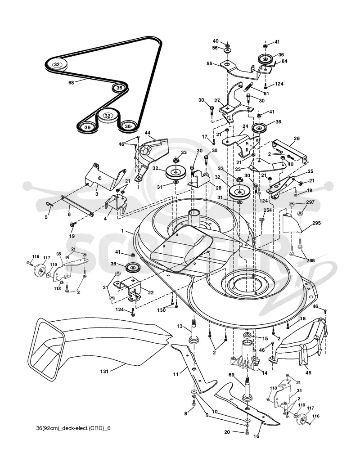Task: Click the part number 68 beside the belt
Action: point(71,82)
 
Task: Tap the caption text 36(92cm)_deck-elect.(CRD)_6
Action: point(72,428)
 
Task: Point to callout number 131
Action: point(104,371)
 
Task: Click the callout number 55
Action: point(210,63)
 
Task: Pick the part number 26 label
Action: point(297,139)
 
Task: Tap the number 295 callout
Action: point(316,223)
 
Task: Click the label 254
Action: point(267,211)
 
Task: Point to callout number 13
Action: point(180,326)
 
